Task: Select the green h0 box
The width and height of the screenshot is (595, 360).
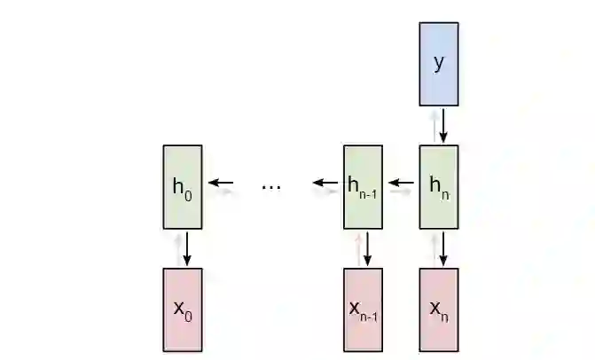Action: click(182, 186)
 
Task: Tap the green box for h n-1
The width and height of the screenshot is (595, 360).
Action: click(363, 186)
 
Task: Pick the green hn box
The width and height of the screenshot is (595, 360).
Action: click(438, 186)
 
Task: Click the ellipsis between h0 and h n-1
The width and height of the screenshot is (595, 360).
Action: click(271, 186)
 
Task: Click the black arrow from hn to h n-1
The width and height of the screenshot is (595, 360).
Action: click(402, 184)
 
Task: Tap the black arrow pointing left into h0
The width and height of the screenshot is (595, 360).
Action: click(221, 184)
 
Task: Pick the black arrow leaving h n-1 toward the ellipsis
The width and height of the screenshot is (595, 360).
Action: click(325, 184)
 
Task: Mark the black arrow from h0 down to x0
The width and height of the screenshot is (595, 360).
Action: click(187, 247)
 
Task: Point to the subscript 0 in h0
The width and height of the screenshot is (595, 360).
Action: click(188, 192)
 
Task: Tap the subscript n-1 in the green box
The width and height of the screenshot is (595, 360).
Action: click(369, 192)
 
